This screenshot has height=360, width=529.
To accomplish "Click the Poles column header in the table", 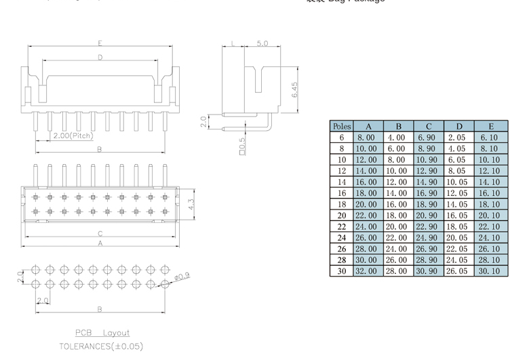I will (341, 126).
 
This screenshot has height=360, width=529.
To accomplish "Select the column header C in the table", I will (429, 126).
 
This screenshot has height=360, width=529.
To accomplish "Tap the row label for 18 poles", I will (341, 203).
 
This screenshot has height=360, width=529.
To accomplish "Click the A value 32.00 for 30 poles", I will (368, 271).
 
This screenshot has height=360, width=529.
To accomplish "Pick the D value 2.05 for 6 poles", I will (458, 137).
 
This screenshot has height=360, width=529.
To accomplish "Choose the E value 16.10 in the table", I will (488, 193).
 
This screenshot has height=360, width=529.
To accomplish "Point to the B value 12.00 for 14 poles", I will (399, 182).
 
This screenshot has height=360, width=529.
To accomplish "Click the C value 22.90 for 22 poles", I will (429, 226).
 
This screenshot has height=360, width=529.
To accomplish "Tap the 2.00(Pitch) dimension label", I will (73, 136).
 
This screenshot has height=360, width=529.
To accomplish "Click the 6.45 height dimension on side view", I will (294, 90).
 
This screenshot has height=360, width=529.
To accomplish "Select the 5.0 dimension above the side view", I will (262, 43).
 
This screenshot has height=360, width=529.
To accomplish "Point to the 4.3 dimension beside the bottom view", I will (191, 203).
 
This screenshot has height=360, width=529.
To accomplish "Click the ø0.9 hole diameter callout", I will (182, 276).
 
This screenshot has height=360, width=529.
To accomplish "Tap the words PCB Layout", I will (102, 333).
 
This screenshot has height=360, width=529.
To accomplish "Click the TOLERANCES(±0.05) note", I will (101, 346).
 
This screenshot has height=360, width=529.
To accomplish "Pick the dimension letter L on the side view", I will (233, 43).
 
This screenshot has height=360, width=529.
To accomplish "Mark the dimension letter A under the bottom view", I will (100, 242).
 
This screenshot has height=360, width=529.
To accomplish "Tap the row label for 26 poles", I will (341, 248).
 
